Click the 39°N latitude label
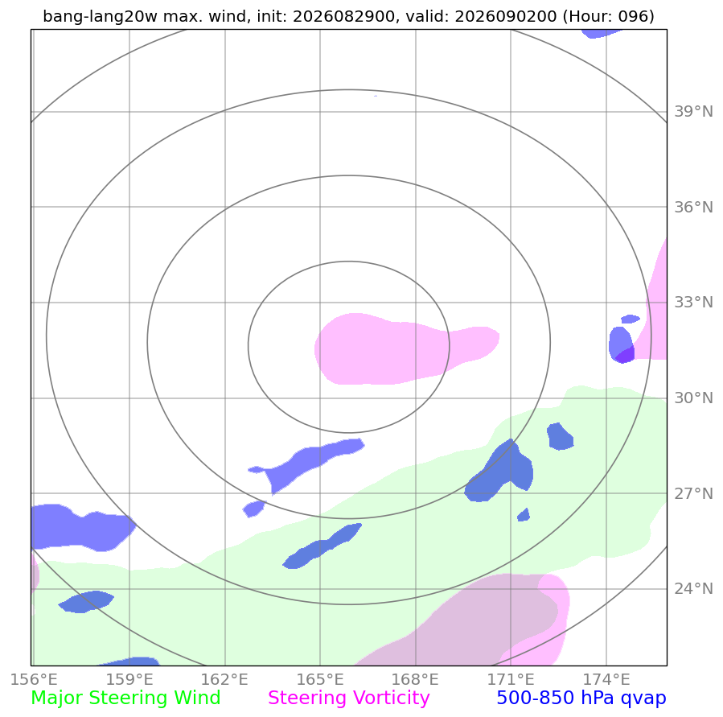(693, 112)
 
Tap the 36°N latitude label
(693, 207)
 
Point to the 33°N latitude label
(693, 303)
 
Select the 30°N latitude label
(693, 398)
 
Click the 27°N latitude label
(693, 493)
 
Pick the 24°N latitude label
(693, 589)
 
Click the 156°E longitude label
(34, 680)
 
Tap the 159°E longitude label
(129, 680)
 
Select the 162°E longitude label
(224, 680)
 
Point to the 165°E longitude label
(320, 680)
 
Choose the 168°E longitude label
(415, 680)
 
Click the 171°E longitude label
(511, 680)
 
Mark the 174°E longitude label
(606, 680)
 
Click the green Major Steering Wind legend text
(125, 698)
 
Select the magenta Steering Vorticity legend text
(348, 698)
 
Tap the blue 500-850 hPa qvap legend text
(581, 698)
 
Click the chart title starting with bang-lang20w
(348, 17)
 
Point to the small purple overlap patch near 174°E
(626, 355)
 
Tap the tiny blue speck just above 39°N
(376, 96)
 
